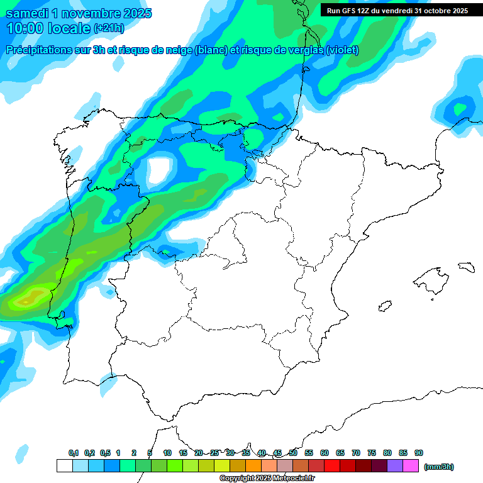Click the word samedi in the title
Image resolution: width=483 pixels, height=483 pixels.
28,13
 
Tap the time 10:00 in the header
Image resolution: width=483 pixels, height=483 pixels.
25,28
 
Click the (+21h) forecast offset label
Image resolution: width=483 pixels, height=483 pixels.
109,28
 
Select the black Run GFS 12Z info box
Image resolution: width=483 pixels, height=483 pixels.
397,10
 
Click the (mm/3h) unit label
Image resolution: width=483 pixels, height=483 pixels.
438,467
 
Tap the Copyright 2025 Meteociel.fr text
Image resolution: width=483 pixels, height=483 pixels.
267,479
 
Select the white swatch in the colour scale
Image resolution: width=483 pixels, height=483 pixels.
64,466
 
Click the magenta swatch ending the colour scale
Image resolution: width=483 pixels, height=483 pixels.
411,466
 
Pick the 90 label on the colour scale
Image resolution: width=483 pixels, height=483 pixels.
419,453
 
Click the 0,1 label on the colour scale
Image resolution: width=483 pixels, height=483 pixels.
74,453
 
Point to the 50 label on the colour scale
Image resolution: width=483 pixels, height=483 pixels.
293,453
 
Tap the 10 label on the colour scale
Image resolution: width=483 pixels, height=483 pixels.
167,453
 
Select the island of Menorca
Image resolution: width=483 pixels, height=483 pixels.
466,267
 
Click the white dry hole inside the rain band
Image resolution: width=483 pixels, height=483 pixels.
159,169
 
